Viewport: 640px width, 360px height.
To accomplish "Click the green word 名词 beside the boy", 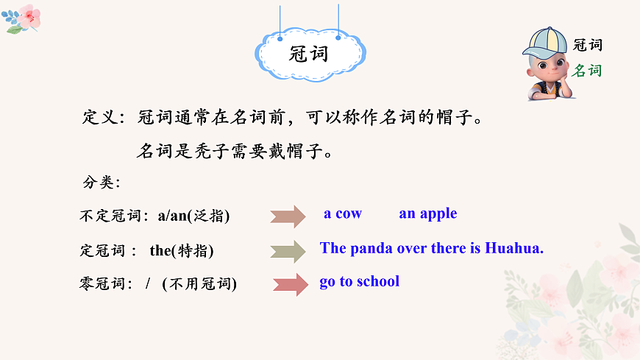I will [588, 71].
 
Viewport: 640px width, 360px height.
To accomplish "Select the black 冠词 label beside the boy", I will [588, 45].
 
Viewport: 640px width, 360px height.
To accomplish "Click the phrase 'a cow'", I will [343, 213].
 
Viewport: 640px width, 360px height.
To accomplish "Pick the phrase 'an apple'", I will [427, 213].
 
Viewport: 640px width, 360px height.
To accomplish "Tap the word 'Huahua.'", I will [514, 248].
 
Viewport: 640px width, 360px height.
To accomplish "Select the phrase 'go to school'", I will [359, 281].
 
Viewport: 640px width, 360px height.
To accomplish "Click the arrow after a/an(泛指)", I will [288, 216].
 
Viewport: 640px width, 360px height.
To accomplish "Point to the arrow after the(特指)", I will [288, 251].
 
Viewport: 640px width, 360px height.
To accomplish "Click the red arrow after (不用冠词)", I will [291, 284].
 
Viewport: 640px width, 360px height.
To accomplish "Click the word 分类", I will [101, 182].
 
